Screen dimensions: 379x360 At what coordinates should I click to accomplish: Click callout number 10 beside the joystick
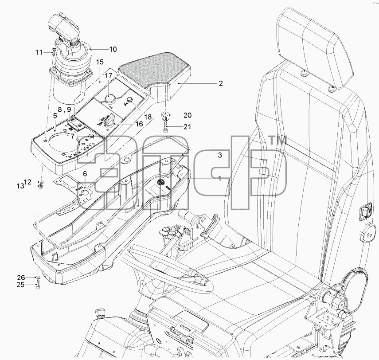tap(113, 49)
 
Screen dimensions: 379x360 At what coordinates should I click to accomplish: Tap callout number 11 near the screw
tap(39, 52)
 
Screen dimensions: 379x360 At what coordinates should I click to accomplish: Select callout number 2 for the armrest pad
tap(220, 83)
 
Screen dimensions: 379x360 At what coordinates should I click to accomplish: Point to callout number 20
tap(188, 115)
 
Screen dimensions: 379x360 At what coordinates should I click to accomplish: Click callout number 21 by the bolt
tap(188, 126)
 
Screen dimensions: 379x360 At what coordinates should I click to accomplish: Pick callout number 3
tap(220, 155)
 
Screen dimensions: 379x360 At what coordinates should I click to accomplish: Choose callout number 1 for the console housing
tap(219, 179)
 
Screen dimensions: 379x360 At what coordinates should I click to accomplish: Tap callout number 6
tap(85, 174)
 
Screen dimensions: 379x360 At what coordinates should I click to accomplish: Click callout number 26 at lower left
tap(21, 277)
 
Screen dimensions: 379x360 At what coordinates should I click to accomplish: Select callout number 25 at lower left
tap(20, 285)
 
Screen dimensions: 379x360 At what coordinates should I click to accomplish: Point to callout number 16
tap(139, 124)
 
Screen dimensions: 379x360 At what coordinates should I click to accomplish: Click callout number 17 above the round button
tap(109, 76)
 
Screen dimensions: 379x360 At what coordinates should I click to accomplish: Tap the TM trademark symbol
tap(277, 140)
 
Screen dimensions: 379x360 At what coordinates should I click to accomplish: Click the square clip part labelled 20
tap(165, 116)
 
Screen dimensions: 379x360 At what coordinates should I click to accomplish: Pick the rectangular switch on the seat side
tap(365, 211)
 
